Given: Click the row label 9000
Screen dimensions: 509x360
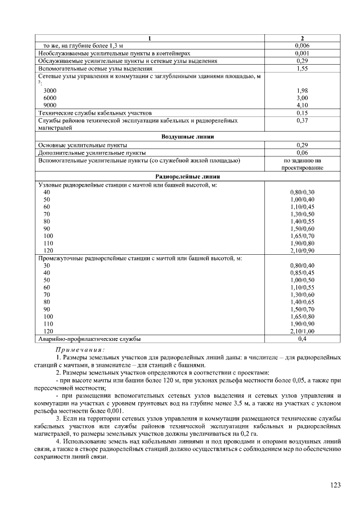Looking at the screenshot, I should tap(50, 105).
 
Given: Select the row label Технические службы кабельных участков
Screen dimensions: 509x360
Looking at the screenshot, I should tap(94, 112).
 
